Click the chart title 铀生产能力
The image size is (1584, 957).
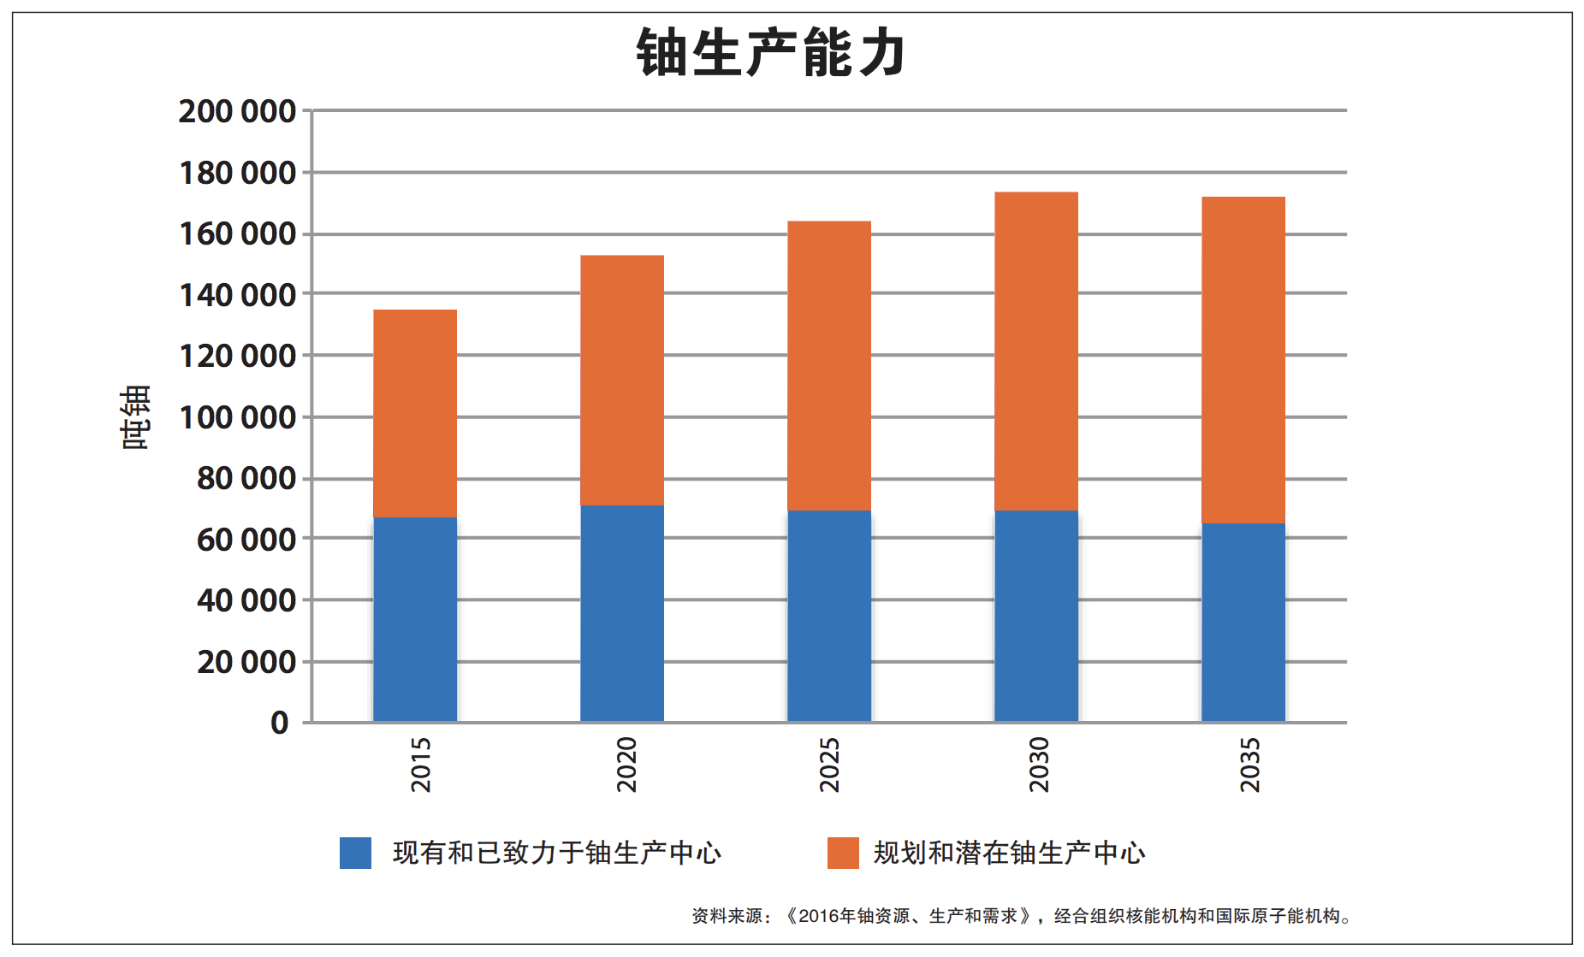tap(770, 53)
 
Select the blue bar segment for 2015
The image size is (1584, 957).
tap(415, 619)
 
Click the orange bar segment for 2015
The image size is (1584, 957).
tap(415, 414)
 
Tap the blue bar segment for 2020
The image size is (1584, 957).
tap(622, 613)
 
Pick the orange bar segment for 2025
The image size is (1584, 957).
tap(829, 366)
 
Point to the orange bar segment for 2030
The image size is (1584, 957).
tap(1036, 351)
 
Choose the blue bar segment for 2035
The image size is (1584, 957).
tap(1243, 622)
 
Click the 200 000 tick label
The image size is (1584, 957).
tap(237, 111)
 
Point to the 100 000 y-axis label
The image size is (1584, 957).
tap(237, 417)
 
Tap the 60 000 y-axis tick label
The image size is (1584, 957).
tap(246, 540)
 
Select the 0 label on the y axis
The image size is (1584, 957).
tap(280, 723)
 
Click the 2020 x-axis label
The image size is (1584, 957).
tap(627, 765)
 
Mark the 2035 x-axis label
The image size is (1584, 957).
tap(1250, 765)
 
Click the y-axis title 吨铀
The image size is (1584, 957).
tap(136, 416)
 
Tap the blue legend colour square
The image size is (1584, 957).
tap(355, 853)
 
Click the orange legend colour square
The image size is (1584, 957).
tap(843, 853)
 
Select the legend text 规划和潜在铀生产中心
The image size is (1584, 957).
tap(1009, 853)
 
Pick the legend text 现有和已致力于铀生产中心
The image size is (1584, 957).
tap(557, 853)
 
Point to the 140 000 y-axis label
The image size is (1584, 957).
tap(237, 295)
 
